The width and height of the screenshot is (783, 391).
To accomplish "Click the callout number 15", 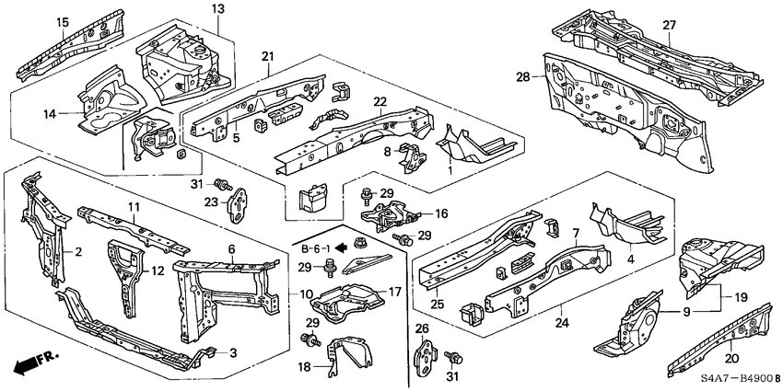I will pos(62,22).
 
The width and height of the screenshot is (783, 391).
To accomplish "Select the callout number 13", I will pos(217,8).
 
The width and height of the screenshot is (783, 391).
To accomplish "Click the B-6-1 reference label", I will pos(314,248).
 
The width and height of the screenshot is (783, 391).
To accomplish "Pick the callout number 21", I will pos(267,57).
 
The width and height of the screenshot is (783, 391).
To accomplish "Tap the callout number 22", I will pos(380,102).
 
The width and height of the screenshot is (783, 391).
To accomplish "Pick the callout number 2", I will pos(78,251).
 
